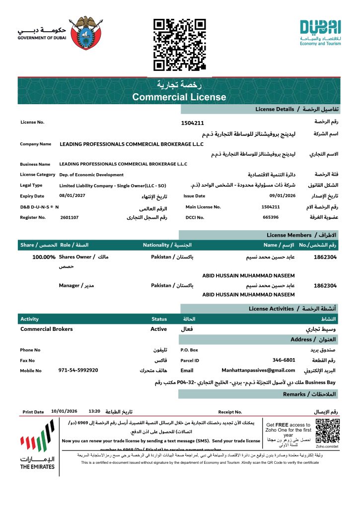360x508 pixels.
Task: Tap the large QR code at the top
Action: [179, 44]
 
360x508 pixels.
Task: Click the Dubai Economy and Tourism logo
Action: [320, 33]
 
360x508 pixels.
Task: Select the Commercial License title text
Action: [179, 97]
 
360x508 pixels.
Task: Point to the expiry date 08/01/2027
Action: [72, 196]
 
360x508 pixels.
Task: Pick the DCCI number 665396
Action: [271, 217]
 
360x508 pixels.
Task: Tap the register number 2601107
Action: [70, 217]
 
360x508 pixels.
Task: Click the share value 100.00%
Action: [44, 257]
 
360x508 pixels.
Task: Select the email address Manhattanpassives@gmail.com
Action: [258, 370]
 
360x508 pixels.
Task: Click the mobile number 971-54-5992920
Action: [78, 370]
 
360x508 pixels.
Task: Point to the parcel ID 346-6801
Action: [284, 360]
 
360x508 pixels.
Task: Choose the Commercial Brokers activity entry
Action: [47, 329]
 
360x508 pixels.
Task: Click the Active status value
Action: [159, 329]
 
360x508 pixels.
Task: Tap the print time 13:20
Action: [94, 411]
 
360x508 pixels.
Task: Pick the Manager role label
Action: [70, 285]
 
